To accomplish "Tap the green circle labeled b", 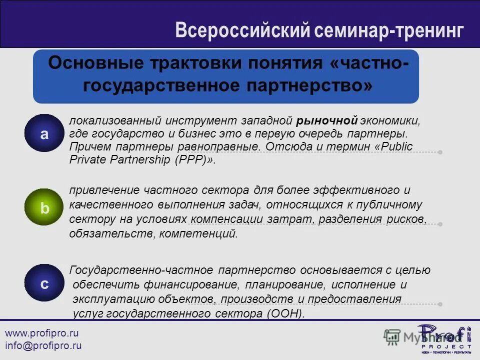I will point(45,208).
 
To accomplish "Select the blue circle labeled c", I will point(45,283).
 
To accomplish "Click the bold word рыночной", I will point(327,120).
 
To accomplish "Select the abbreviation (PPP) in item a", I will point(194,160).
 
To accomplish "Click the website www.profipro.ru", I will point(42,333).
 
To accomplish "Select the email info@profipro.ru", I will point(43,345).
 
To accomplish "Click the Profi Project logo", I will point(443,338).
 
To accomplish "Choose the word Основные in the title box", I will point(93,64).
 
